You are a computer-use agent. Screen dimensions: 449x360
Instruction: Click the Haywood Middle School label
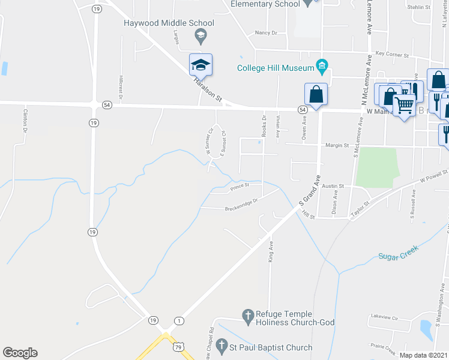point(169,23)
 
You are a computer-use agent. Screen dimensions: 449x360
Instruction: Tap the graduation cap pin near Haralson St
point(201,64)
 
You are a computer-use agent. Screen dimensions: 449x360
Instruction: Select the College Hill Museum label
point(276,68)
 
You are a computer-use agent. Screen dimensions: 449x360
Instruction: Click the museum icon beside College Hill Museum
point(322,67)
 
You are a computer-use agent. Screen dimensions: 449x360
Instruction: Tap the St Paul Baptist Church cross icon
point(221,346)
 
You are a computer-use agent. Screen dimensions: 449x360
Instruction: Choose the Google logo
point(20,353)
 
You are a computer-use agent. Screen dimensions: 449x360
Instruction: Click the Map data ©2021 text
point(424,355)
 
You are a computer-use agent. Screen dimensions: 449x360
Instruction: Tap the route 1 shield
point(179,321)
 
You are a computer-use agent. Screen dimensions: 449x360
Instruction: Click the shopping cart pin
point(405,106)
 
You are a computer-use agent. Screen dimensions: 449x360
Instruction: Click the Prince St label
point(239,187)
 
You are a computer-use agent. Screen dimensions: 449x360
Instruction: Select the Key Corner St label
point(392,55)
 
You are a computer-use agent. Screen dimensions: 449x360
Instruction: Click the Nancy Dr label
point(266,33)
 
